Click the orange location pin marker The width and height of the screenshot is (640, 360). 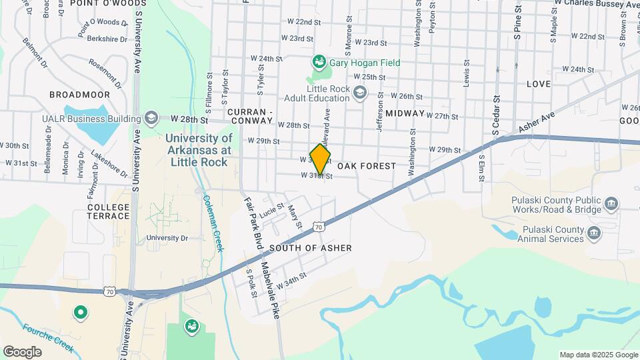321,159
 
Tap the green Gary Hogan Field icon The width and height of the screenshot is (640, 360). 319,63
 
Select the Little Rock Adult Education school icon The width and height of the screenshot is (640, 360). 360,92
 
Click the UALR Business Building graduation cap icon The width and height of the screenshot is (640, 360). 151,118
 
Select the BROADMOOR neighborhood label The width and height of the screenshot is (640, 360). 79,95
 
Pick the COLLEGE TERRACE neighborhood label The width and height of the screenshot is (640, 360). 108,211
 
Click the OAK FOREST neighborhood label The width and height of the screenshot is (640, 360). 367,165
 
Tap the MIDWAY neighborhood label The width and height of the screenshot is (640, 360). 405,113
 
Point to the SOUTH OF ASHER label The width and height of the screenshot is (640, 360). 311,248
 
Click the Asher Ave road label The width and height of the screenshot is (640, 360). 537,120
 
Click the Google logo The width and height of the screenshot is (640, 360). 21,352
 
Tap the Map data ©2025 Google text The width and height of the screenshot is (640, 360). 597,355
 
